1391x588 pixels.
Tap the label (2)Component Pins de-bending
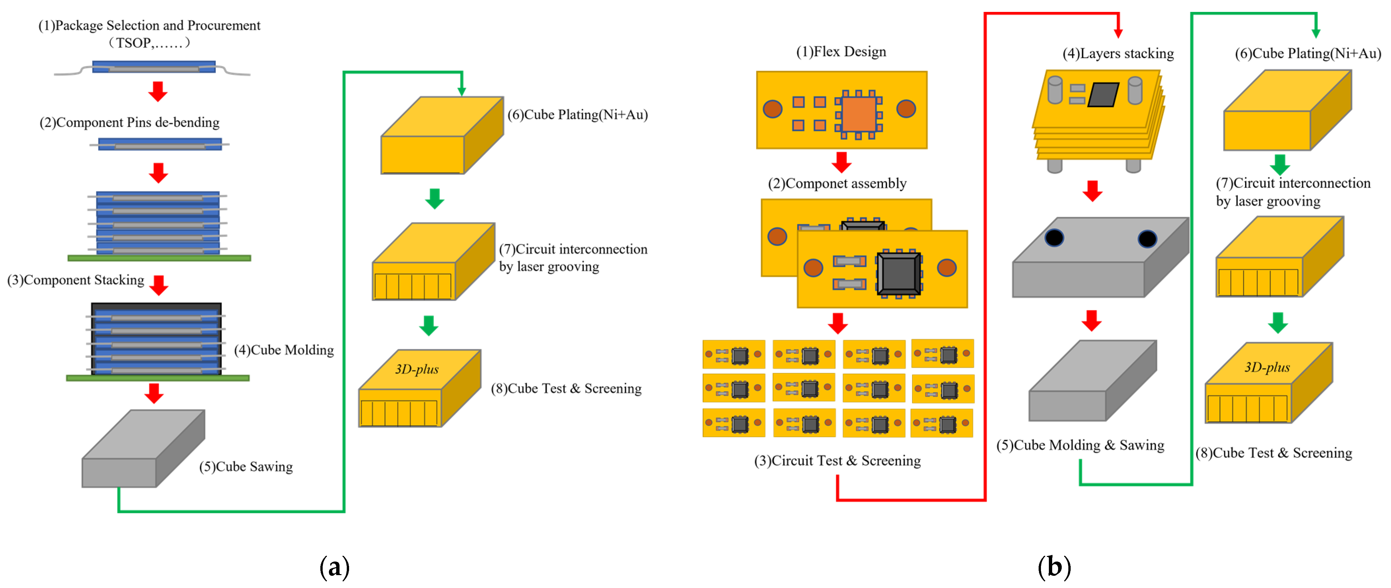pos(129,123)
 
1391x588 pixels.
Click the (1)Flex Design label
pos(841,52)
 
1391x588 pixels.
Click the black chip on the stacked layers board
pos(1103,95)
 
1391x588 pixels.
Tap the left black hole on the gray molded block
pos(1054,237)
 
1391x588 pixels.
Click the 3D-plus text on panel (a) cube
pos(416,370)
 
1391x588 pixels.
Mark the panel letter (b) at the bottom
pos(1054,568)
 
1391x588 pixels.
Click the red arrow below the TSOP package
pos(158,91)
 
